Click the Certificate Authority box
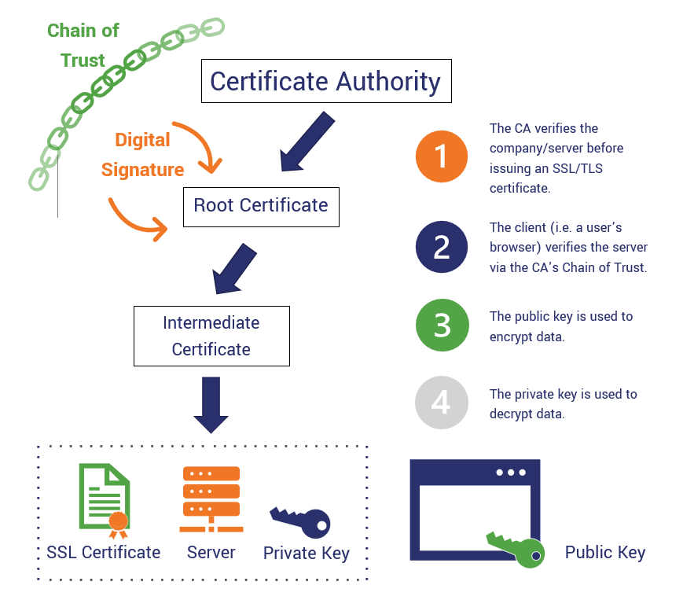[x=326, y=81]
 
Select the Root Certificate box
[x=261, y=206]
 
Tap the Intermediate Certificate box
[x=211, y=336]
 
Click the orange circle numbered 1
[x=442, y=156]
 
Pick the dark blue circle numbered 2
[x=442, y=246]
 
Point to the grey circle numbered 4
[x=442, y=403]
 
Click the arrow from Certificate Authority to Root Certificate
[x=307, y=142]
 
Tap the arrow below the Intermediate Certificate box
[x=211, y=405]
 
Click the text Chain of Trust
[x=83, y=46]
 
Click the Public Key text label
[x=604, y=553]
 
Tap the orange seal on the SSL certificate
[x=118, y=520]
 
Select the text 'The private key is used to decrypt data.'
[x=563, y=403]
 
